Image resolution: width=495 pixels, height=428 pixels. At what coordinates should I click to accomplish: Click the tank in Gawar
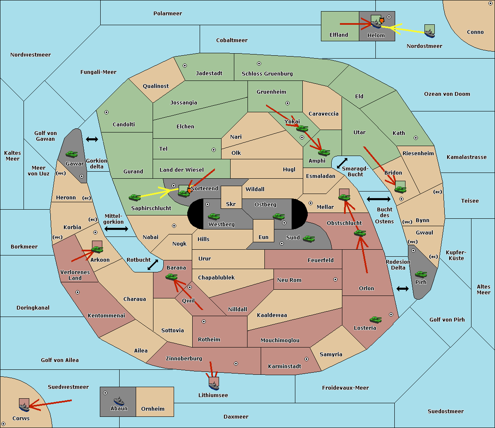[x=72, y=154]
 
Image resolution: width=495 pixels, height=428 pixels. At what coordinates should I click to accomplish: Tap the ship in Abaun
[x=119, y=401]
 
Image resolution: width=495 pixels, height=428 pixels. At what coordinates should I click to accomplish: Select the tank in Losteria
[x=375, y=319]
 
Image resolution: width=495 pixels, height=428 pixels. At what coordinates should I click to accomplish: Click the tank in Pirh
[x=421, y=274]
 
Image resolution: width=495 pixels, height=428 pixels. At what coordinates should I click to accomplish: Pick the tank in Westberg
[x=214, y=217]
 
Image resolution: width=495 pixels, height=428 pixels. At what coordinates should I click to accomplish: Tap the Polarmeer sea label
[x=167, y=14]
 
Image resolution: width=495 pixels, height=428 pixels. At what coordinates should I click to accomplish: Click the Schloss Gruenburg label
[x=267, y=73]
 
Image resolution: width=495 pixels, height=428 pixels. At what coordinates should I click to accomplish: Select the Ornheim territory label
[x=153, y=409]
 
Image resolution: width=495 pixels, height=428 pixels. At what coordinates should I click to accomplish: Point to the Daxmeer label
[x=236, y=416]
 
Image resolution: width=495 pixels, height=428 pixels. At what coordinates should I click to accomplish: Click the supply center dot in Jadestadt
[x=185, y=66]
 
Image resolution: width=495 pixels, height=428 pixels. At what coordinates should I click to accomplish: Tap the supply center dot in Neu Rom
[x=335, y=279]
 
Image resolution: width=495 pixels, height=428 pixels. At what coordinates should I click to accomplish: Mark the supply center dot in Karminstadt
[x=306, y=359]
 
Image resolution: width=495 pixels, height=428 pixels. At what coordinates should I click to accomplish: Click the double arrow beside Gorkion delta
[x=92, y=139]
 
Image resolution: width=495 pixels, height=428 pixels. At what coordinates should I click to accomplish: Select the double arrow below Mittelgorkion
[x=116, y=229]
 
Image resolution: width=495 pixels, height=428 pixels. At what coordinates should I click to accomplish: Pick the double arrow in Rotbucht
[x=153, y=265]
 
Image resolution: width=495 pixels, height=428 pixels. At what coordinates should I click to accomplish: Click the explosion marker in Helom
[x=382, y=20]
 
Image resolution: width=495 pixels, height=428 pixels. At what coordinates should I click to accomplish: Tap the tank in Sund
[x=309, y=239]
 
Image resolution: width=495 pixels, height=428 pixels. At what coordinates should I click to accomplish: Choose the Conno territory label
[x=475, y=32]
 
